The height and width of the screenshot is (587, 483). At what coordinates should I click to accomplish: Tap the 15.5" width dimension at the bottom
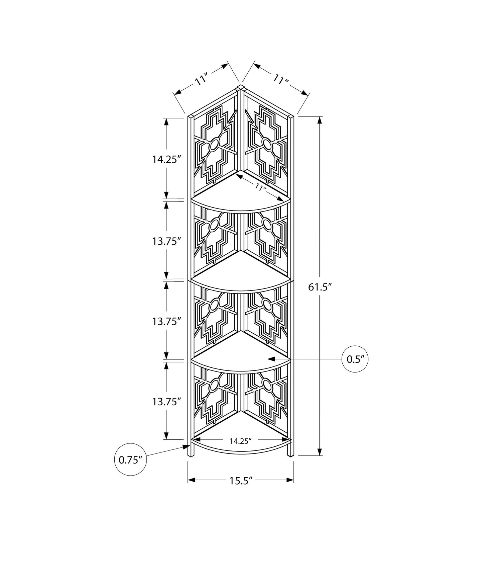click(x=240, y=480)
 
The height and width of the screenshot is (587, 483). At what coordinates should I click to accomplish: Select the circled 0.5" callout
click(x=357, y=359)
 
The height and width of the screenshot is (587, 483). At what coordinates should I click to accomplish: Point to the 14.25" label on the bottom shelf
click(x=240, y=441)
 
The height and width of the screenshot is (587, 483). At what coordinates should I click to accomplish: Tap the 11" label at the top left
click(x=202, y=81)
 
